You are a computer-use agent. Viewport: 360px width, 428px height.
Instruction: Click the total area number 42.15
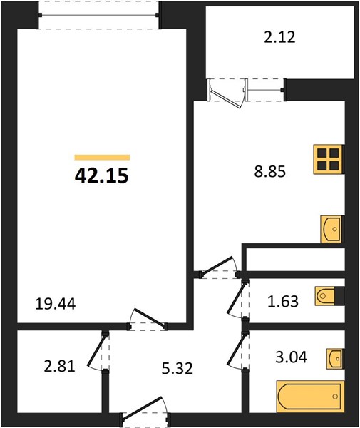101,176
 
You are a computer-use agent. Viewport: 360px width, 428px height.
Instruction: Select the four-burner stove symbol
327,159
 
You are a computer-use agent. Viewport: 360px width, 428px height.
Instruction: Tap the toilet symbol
328,295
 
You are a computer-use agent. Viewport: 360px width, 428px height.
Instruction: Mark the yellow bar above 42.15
102,157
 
